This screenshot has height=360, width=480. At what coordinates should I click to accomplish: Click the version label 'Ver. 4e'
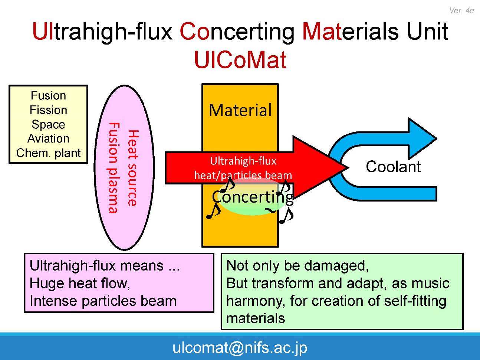tap(461, 10)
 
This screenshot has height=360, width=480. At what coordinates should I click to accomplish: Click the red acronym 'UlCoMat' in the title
tap(240, 60)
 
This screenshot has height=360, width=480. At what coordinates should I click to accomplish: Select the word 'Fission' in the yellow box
tap(48, 110)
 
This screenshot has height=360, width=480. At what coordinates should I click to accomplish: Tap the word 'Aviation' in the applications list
tap(48, 138)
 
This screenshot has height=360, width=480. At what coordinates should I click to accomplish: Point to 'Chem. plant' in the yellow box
tap(48, 153)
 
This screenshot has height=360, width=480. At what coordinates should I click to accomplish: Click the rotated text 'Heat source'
tap(132, 168)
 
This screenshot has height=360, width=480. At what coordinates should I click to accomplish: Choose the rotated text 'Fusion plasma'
tap(113, 168)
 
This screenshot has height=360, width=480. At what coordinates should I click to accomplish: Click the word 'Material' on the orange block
tap(240, 110)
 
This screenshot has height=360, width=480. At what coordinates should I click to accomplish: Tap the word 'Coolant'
tap(393, 167)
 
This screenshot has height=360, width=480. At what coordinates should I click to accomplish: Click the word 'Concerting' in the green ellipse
tap(252, 197)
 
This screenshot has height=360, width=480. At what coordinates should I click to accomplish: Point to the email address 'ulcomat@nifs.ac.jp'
tap(240, 347)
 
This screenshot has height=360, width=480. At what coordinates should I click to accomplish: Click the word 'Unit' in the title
tap(427, 31)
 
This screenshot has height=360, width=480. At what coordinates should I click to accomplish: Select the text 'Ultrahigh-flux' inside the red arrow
tap(243, 161)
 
